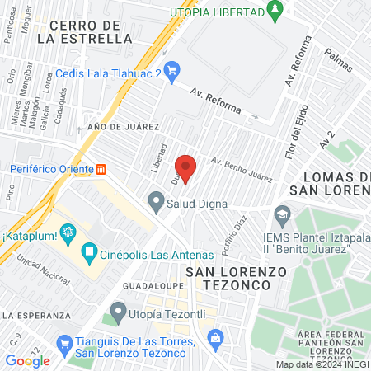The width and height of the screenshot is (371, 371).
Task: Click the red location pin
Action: pos(185,167)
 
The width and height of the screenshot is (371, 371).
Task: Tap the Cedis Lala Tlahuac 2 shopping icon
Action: pos(171,70)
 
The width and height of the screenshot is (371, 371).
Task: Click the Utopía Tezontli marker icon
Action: pos(118,312)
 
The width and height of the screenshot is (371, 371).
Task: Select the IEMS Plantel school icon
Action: pos(283,214)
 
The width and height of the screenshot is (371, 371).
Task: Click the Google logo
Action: pos(27,360)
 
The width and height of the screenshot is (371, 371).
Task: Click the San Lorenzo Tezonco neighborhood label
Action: pos(228,277)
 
